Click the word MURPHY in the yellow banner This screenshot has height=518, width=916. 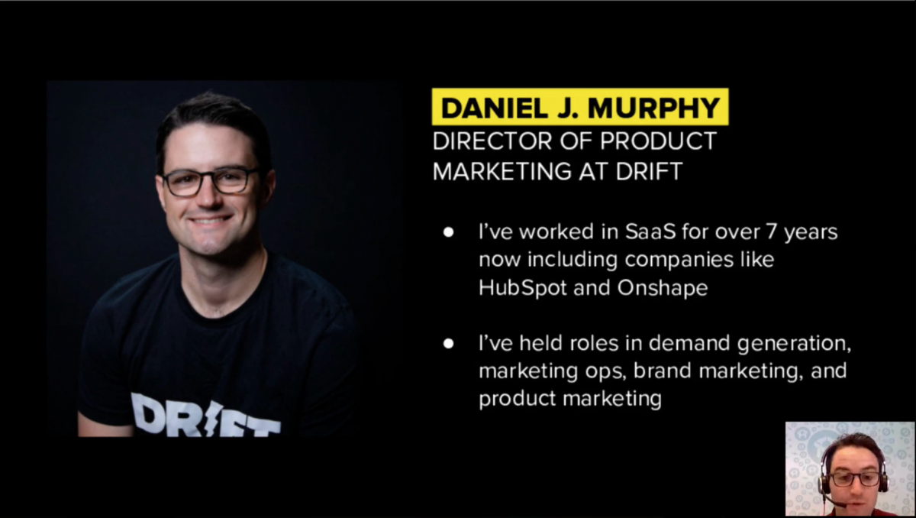pyautogui.click(x=654, y=108)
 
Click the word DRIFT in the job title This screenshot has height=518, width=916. pyautogui.click(x=650, y=171)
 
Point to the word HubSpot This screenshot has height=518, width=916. pyautogui.click(x=523, y=287)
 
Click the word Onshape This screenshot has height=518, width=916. pyautogui.click(x=663, y=288)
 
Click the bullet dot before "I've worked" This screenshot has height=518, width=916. pyautogui.click(x=448, y=232)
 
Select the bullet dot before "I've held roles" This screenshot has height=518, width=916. pyautogui.click(x=448, y=344)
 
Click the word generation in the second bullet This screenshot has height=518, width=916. pyautogui.click(x=794, y=344)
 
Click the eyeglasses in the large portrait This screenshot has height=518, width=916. pyautogui.click(x=209, y=181)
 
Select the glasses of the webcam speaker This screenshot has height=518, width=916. pyautogui.click(x=854, y=479)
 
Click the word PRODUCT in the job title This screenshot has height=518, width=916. pyautogui.click(x=658, y=141)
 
